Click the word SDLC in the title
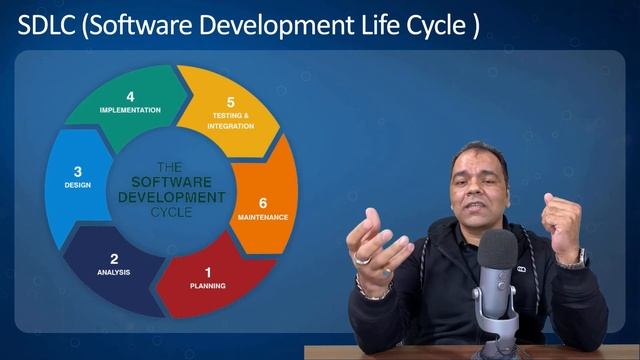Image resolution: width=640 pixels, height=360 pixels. pos(44,26)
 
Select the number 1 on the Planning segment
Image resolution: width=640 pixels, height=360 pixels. pos(208,272)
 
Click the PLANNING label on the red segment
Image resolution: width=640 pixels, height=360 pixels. pos(208,286)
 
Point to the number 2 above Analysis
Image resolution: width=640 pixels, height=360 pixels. pos(114,259)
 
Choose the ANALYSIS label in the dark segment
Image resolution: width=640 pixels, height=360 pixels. pos(114,273)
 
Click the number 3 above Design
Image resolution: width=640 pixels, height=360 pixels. pos(78,172)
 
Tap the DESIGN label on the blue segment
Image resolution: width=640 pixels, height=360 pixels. pos(78,185)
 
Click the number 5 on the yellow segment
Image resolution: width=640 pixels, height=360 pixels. pos(231,102)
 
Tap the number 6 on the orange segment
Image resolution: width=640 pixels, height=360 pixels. pos(263,202)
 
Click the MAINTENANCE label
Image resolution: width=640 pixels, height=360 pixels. pos(263,216)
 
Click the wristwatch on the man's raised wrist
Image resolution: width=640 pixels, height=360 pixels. pos(573,258)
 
